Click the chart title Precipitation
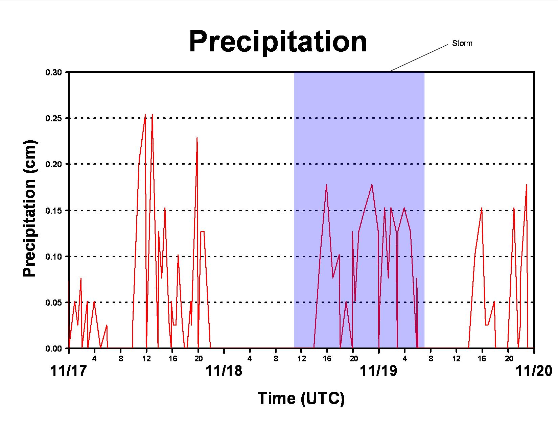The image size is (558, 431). [x=278, y=42]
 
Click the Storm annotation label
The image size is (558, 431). [x=462, y=43]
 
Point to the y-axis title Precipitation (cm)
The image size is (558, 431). [x=30, y=209]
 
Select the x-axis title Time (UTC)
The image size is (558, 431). [x=301, y=398]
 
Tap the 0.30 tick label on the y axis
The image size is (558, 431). [x=54, y=72]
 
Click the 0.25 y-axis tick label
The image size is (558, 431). [x=54, y=118]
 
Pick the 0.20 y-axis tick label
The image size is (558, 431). [x=54, y=164]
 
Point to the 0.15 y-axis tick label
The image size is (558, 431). [x=54, y=211]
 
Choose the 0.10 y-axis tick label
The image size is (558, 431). [x=54, y=257]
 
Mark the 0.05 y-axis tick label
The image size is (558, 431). [x=54, y=303]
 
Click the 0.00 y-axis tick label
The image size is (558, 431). [x=54, y=348]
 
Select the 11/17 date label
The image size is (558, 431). [x=68, y=371]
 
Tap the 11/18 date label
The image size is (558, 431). [x=224, y=371]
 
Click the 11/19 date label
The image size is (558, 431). [x=378, y=371]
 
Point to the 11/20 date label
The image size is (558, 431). [x=534, y=371]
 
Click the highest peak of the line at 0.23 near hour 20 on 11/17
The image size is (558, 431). [x=197, y=138]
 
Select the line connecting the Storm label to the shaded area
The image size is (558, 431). [x=419, y=58]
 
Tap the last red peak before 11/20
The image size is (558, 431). [x=527, y=185]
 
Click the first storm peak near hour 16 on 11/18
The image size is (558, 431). [x=326, y=185]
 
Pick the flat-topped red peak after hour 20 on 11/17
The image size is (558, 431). [x=202, y=232]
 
